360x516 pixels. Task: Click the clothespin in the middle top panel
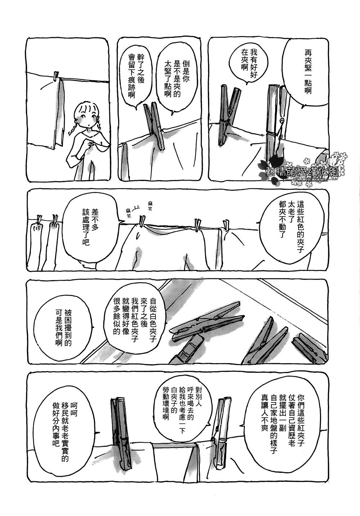tap(154, 126)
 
